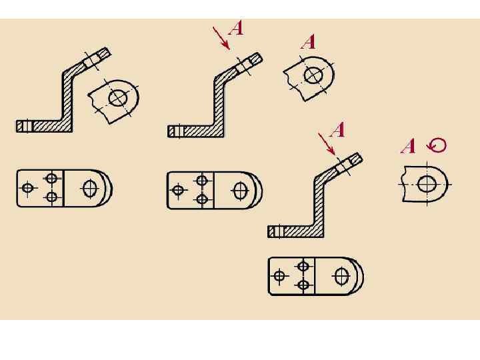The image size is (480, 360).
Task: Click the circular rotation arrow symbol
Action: (437, 145)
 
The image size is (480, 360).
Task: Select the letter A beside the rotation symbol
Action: (408, 146)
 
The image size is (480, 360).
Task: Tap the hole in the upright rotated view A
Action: (427, 183)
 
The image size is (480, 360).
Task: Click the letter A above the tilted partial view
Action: (308, 42)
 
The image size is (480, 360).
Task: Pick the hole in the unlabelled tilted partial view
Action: (119, 98)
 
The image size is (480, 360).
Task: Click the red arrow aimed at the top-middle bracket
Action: (221, 37)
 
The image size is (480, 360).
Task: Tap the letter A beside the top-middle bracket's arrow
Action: (236, 28)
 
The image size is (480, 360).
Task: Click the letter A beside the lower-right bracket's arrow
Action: (338, 129)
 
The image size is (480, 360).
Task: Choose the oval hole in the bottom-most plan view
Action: (342, 275)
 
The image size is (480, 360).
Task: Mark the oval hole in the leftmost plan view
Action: (89, 189)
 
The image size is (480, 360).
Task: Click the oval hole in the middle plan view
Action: (240, 191)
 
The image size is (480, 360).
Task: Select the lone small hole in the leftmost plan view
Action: (28, 188)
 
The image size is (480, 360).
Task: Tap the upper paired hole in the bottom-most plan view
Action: (303, 267)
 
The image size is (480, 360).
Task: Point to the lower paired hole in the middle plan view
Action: (201, 199)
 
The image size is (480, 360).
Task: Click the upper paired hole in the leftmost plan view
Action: (51, 178)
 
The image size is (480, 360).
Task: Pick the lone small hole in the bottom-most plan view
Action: (280, 275)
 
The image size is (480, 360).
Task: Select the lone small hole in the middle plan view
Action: (178, 191)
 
